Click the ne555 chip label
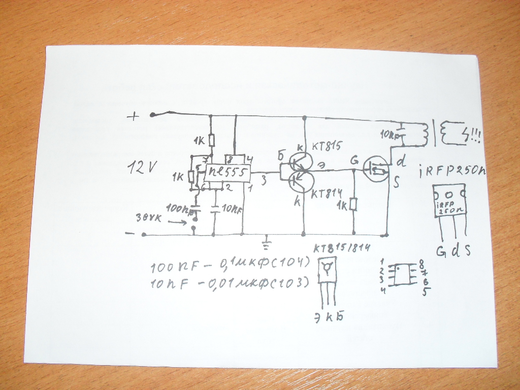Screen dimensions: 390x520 coord(226,174)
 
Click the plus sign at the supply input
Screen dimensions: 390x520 coord(133,117)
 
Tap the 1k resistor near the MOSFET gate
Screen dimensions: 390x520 coord(353,204)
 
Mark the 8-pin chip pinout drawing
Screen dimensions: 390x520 coord(405,275)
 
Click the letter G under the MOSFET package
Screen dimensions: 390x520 coord(440,251)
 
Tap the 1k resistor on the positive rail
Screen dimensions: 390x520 coord(212,140)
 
